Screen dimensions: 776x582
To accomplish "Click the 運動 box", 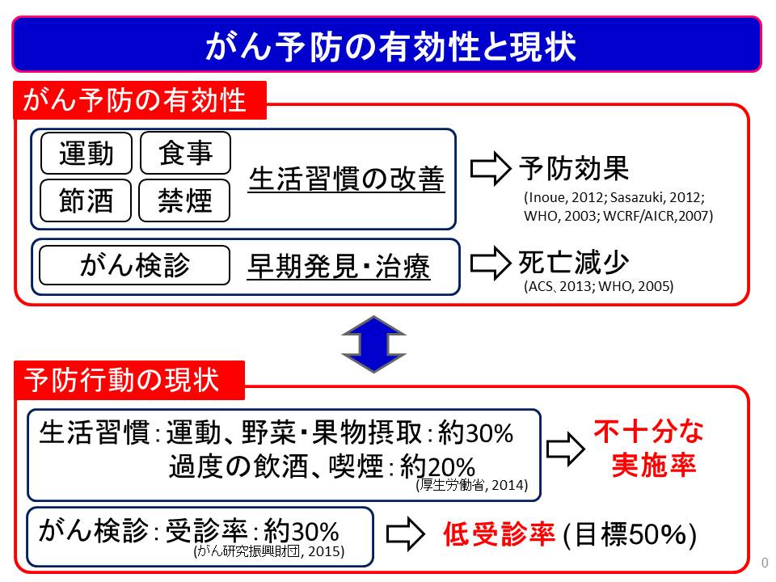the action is coord(86,153).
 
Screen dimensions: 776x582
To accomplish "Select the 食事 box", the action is coord(185,153).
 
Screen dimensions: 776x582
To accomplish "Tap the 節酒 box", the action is coord(86,200).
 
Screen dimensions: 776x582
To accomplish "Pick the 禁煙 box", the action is coord(184,200).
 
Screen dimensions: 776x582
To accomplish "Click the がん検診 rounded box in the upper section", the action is coord(135,265).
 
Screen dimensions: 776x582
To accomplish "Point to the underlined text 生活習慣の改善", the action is coord(347,179).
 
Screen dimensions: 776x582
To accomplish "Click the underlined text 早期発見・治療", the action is coord(339,267).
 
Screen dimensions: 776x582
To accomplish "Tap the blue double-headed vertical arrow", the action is coord(373,344).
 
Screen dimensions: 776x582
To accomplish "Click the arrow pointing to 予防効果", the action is coord(490,169).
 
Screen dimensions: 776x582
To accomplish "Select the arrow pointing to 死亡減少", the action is coord(490,264).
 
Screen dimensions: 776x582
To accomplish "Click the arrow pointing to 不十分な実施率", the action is coord(566,449).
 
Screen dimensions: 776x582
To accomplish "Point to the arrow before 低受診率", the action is coord(405,534).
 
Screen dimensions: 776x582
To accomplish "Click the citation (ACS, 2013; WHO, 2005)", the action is coord(599,286).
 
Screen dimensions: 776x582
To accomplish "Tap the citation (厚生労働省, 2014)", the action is coord(472,485).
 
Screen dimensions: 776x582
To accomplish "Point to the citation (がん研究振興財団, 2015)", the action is coord(269,551).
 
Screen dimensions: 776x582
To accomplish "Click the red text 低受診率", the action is coord(499,534).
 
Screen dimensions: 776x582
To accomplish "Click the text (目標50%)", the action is coord(630,535).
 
